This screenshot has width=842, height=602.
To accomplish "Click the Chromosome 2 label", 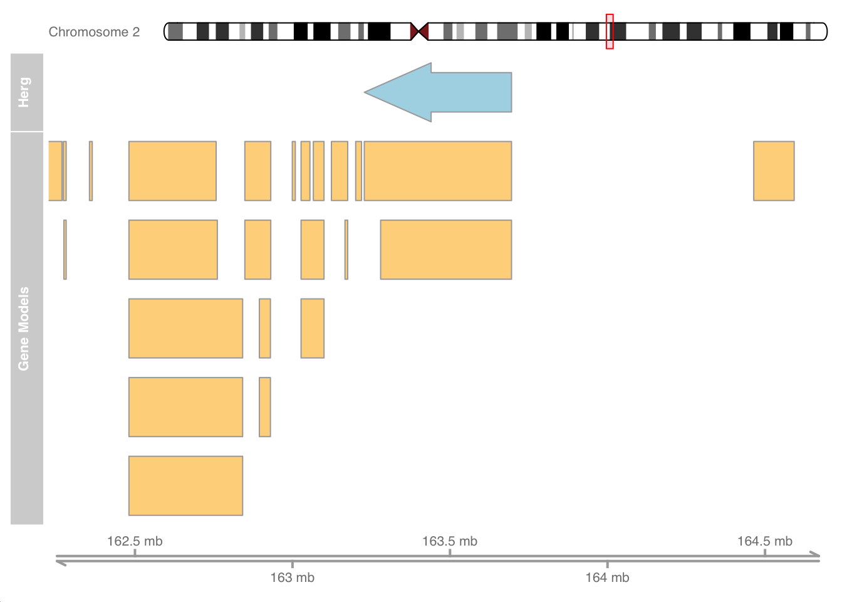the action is tap(94, 32).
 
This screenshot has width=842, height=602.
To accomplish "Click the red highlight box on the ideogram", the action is tap(610, 31).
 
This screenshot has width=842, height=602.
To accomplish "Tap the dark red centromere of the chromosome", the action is tap(420, 31).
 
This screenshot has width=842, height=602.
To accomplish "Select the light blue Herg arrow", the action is tap(438, 92).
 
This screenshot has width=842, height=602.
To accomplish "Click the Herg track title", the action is tap(24, 92).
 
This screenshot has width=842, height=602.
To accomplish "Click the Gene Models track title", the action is tap(24, 329).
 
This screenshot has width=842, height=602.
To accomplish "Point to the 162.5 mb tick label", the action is tap(135, 541).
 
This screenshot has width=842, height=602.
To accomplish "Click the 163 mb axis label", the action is tap(293, 578).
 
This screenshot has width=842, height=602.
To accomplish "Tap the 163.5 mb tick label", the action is tap(450, 541).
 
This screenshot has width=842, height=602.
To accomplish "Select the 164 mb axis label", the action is tap(608, 578).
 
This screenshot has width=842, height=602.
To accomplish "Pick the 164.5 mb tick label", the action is tap(765, 541).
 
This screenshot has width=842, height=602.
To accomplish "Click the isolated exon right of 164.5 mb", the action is tap(774, 171).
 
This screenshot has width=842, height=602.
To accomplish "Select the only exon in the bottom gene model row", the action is tap(185, 486).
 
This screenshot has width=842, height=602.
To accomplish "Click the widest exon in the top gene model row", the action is tap(438, 171).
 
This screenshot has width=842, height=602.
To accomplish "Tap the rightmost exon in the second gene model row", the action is tap(446, 250).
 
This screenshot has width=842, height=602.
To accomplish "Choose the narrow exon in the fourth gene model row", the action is tap(265, 407).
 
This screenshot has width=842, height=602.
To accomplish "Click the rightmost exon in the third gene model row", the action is tap(313, 329).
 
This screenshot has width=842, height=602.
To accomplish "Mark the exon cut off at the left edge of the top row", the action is tap(55, 171).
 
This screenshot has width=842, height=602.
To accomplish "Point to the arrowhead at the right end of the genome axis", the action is tap(815, 554).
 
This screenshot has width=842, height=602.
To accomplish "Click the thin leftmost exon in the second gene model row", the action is tap(65, 250).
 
